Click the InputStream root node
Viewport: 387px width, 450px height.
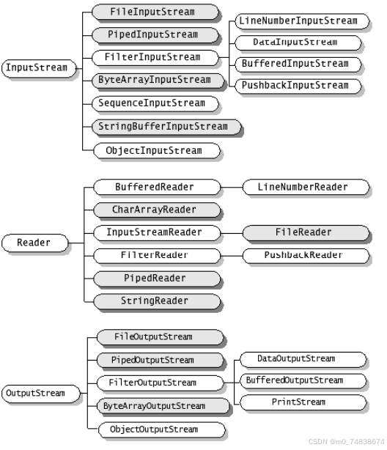point(36,68)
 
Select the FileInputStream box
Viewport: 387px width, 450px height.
point(152,12)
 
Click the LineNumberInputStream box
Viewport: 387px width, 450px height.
point(298,21)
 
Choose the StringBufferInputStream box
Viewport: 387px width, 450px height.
point(163,127)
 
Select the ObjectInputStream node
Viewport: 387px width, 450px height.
point(154,150)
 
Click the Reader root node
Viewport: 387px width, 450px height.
point(34,242)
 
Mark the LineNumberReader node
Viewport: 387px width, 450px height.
point(303,187)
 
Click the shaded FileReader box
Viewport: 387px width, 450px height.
point(303,232)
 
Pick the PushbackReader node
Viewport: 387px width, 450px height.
point(303,255)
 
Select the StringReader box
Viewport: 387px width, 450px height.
point(154,300)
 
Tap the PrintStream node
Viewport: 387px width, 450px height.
point(300,402)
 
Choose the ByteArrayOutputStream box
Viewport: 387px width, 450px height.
point(154,405)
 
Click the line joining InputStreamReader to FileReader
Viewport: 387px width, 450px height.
point(233,232)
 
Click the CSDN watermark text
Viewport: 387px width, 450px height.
point(346,442)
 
